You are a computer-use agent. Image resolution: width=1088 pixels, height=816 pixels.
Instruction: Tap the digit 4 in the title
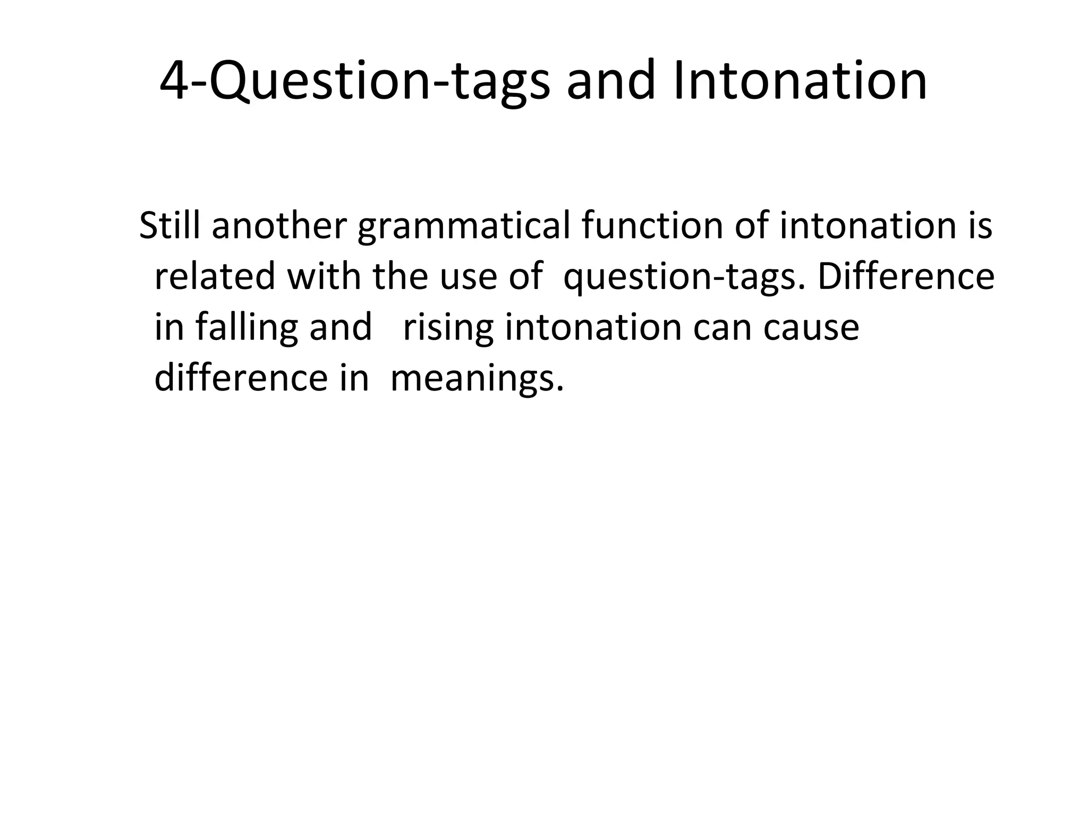click(175, 81)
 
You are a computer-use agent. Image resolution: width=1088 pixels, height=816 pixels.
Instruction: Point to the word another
click(279, 225)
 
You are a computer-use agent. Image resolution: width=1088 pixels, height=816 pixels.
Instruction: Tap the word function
click(652, 225)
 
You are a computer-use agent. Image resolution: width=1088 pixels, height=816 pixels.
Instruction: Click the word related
click(215, 276)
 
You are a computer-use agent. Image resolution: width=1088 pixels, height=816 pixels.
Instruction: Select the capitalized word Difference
click(905, 276)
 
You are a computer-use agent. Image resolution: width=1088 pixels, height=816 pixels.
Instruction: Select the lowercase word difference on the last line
click(241, 378)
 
